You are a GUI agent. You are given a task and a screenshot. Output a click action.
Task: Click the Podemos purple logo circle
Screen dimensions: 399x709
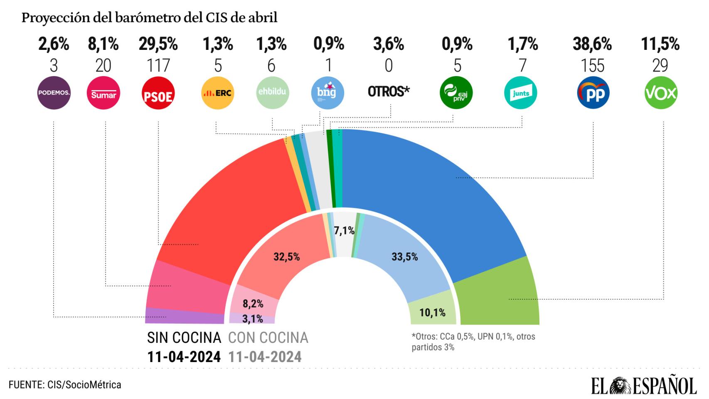click(x=54, y=93)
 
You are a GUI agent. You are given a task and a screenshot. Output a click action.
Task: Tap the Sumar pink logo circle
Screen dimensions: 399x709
click(x=103, y=93)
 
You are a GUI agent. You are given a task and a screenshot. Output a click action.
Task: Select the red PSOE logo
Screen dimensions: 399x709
click(x=158, y=93)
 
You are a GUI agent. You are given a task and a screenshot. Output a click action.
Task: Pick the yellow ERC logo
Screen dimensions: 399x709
click(x=217, y=93)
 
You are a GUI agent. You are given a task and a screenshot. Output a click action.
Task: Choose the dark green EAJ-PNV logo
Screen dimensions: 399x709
click(x=456, y=93)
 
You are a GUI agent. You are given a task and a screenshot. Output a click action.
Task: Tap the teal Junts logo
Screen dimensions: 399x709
click(x=521, y=93)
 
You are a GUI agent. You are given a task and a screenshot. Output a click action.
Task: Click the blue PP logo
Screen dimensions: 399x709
click(x=593, y=93)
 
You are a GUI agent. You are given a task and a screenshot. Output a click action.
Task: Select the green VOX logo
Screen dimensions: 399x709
click(x=661, y=93)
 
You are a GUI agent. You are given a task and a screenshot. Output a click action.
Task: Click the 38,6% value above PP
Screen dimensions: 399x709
click(x=592, y=44)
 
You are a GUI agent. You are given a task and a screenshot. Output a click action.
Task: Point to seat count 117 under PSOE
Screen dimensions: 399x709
click(x=158, y=66)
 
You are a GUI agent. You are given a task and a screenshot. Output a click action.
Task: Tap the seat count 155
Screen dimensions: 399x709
click(x=593, y=66)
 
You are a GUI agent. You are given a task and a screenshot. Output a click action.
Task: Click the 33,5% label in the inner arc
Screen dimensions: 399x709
click(x=404, y=257)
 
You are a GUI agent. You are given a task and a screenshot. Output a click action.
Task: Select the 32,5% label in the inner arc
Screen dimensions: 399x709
click(x=286, y=257)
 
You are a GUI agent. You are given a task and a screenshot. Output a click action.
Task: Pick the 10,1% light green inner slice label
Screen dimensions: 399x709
click(x=432, y=313)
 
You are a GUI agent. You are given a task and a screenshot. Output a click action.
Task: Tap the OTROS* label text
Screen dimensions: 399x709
click(x=389, y=91)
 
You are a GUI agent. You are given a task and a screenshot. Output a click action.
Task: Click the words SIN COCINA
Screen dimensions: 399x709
click(x=184, y=338)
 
